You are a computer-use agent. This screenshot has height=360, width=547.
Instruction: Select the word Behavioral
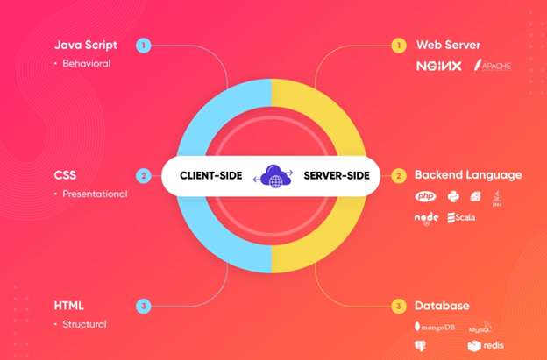point(86,63)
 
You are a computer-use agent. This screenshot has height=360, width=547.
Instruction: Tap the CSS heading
point(66,175)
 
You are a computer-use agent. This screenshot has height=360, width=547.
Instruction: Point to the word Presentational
point(95,194)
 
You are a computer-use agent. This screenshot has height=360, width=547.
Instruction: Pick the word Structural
point(84,324)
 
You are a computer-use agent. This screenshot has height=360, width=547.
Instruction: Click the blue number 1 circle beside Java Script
point(144,45)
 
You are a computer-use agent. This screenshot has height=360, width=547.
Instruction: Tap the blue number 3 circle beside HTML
point(144,306)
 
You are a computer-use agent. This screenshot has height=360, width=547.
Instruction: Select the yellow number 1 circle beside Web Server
point(399,45)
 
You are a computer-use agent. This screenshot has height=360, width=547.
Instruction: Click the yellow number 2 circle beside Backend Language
point(399,175)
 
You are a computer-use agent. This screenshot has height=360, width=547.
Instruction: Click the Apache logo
point(493,66)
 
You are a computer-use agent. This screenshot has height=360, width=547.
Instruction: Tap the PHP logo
point(426,196)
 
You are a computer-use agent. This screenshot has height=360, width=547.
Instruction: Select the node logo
point(426,217)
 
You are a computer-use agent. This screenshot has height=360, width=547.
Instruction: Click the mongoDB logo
point(436,327)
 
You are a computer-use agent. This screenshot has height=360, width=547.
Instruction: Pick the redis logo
point(487,346)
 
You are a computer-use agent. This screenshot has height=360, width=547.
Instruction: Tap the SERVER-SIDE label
point(336,175)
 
